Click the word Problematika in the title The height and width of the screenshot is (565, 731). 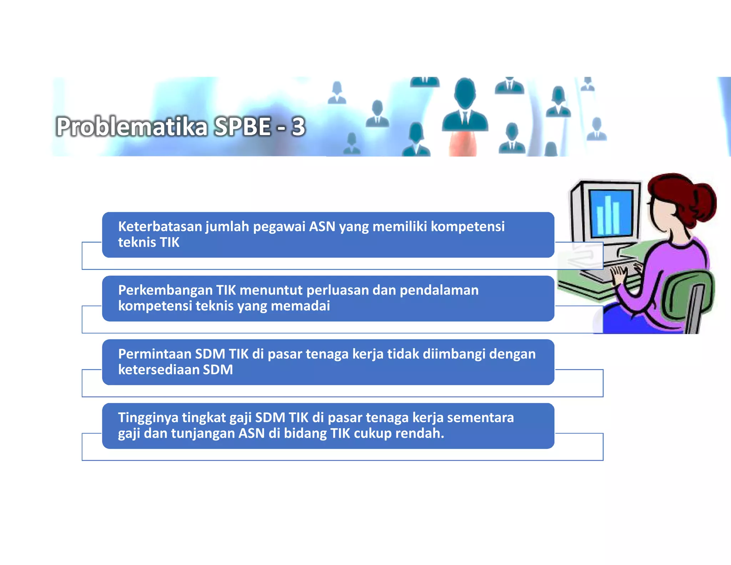131,127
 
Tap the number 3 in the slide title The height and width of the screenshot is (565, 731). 298,127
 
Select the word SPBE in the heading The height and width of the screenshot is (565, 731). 242,127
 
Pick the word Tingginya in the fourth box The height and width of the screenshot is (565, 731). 148,417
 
